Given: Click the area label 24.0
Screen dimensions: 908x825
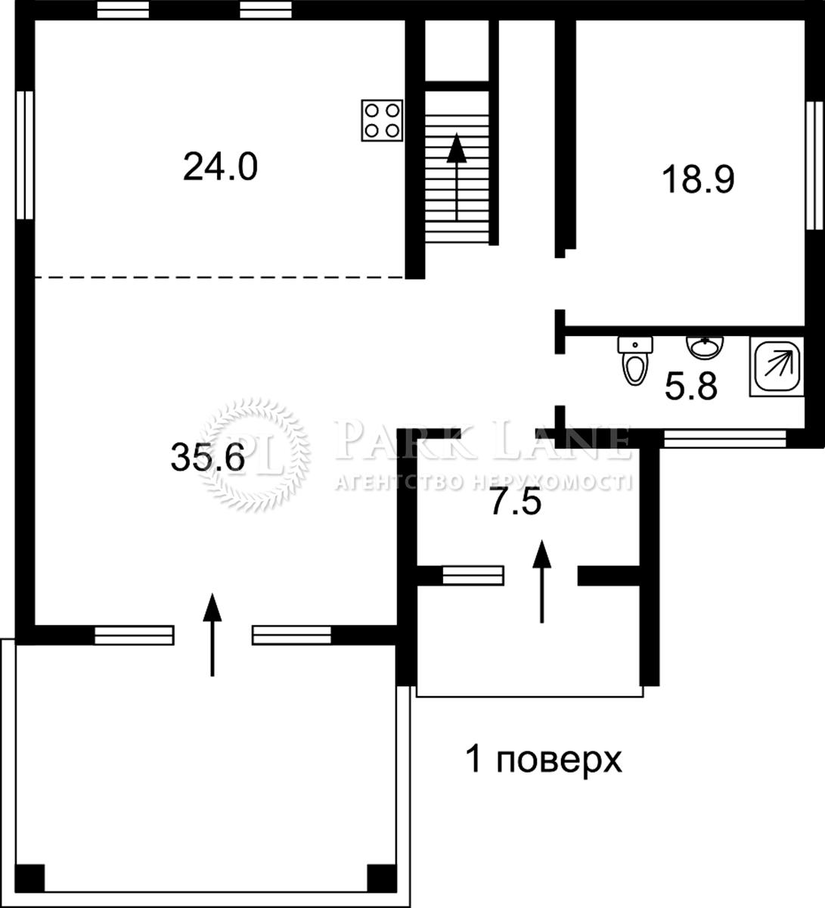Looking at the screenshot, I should pyautogui.click(x=220, y=166).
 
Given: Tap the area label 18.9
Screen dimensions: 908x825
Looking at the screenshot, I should pyautogui.click(x=698, y=180).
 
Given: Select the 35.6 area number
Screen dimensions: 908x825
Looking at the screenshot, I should pyautogui.click(x=207, y=457).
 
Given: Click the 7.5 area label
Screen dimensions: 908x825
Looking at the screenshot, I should pyautogui.click(x=516, y=502).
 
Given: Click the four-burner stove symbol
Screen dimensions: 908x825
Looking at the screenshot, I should pyautogui.click(x=382, y=120).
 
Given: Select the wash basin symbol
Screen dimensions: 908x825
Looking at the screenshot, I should pyautogui.click(x=705, y=348).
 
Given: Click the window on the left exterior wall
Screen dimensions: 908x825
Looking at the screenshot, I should pyautogui.click(x=26, y=155).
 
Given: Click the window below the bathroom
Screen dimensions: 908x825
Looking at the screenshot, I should pyautogui.click(x=724, y=438).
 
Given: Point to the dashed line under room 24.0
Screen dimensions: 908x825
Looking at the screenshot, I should pyautogui.click(x=219, y=277).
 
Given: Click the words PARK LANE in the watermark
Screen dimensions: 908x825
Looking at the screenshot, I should pyautogui.click(x=481, y=442).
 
